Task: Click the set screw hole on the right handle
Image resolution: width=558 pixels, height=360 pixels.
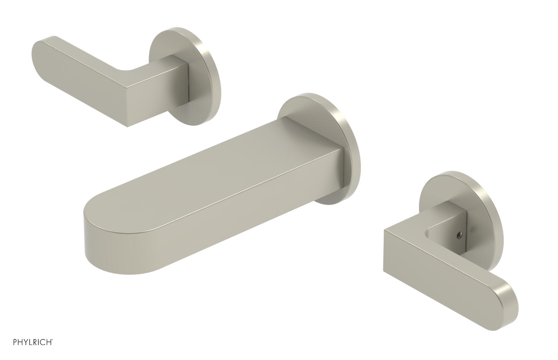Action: (456, 235)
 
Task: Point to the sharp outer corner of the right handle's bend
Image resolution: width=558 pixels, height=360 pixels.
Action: (385, 231)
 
